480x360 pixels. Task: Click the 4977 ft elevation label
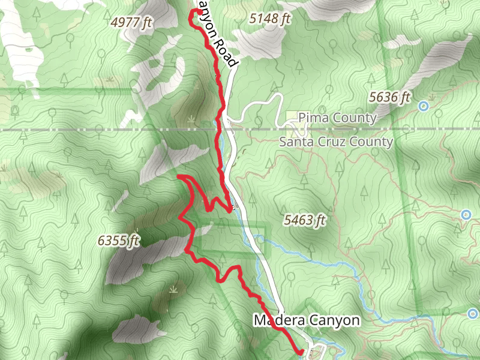[133, 23]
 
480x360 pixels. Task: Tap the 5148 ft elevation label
[269, 19]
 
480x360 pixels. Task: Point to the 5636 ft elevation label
[389, 97]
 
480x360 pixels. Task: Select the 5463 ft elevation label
[305, 220]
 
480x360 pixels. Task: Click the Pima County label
[337, 118]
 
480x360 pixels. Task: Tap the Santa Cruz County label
[336, 142]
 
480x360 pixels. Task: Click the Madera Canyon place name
[306, 320]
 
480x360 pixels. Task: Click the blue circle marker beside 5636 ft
[424, 106]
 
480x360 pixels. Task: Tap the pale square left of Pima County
[291, 116]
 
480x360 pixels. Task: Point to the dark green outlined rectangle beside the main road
[233, 238]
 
